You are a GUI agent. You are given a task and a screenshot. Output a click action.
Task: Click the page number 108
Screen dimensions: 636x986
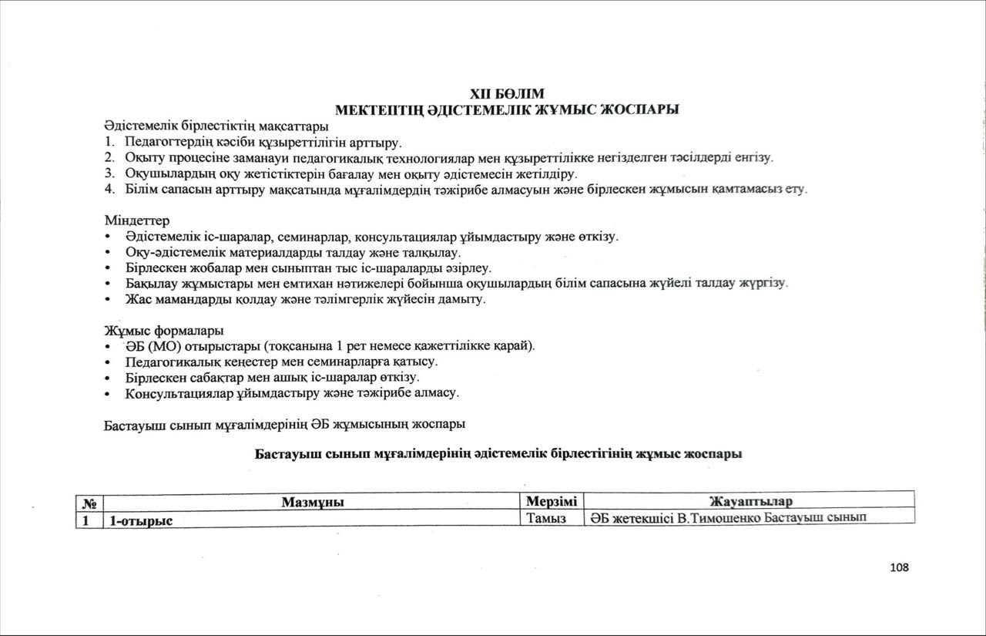pos(898,567)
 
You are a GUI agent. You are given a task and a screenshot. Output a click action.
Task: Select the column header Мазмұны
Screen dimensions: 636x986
pos(312,503)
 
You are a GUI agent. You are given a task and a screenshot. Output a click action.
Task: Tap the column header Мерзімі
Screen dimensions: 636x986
pos(552,502)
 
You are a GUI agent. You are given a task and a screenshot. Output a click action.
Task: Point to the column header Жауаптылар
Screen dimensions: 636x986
pos(750,503)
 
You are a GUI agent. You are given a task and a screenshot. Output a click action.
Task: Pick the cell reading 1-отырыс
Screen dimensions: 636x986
pos(141,520)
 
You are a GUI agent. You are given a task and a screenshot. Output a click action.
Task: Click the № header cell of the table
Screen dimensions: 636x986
pos(89,503)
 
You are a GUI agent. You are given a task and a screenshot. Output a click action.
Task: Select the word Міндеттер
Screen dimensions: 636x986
pos(136,220)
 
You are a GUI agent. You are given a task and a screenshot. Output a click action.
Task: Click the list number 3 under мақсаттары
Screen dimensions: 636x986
pos(109,173)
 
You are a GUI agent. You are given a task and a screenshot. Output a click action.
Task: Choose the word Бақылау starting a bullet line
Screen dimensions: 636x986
pos(149,284)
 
